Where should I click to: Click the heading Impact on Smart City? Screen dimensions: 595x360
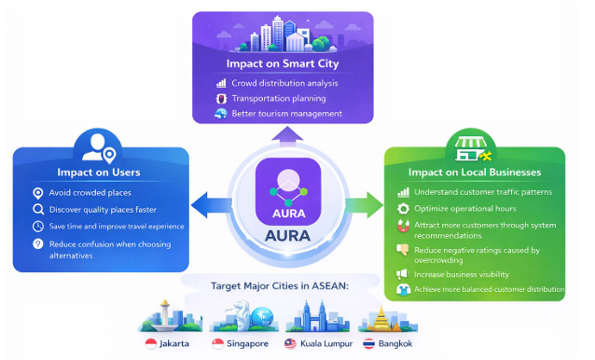pyautogui.click(x=283, y=63)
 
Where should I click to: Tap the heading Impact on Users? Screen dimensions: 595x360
pyautogui.click(x=99, y=173)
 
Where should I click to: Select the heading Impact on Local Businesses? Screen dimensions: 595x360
pyautogui.click(x=475, y=173)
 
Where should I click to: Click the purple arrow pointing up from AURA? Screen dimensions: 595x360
pyautogui.click(x=287, y=136)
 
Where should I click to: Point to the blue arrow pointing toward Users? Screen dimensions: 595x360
pyautogui.click(x=211, y=205)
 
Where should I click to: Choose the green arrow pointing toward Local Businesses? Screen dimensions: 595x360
pyautogui.click(x=364, y=205)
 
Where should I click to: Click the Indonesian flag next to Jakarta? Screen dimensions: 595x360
pyautogui.click(x=151, y=344)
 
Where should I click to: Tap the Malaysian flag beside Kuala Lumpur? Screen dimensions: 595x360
pyautogui.click(x=290, y=344)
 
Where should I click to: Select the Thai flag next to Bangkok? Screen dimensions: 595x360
pyautogui.click(x=368, y=344)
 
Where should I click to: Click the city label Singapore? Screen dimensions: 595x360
pyautogui.click(x=247, y=344)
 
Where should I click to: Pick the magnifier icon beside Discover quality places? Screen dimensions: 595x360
pyautogui.click(x=38, y=210)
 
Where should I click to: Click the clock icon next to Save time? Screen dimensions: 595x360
pyautogui.click(x=38, y=227)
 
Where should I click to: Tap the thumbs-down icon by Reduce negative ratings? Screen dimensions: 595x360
pyautogui.click(x=403, y=250)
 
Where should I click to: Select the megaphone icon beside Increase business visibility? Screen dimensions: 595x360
pyautogui.click(x=403, y=274)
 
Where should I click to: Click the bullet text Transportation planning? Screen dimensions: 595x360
pyautogui.click(x=279, y=99)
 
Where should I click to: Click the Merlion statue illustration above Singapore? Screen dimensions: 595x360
pyautogui.click(x=242, y=314)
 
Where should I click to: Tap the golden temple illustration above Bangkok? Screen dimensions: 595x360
pyautogui.click(x=381, y=318)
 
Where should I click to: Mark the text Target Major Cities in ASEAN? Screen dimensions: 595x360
pyautogui.click(x=280, y=285)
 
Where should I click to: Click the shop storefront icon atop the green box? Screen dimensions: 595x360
pyautogui.click(x=471, y=148)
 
